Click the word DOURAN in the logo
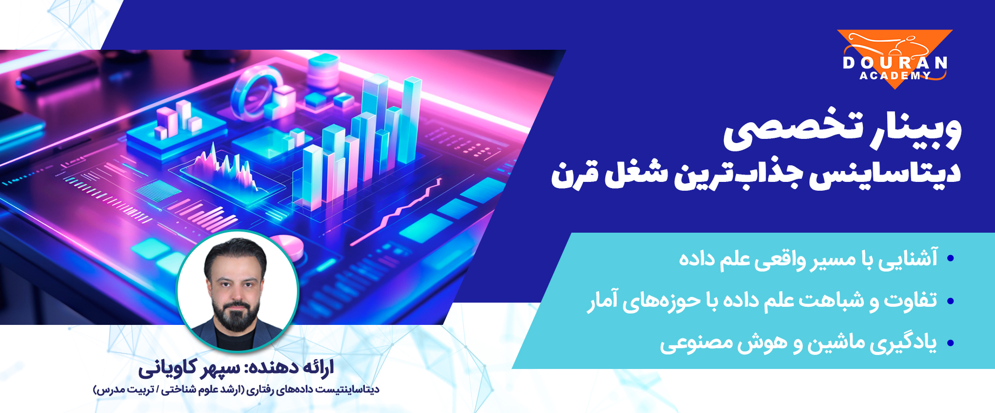tap(895, 63)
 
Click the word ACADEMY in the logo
tap(895, 76)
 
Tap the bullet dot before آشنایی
tap(950, 258)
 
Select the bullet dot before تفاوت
tap(950, 301)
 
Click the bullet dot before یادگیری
tap(950, 343)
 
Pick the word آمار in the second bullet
tap(603, 301)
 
